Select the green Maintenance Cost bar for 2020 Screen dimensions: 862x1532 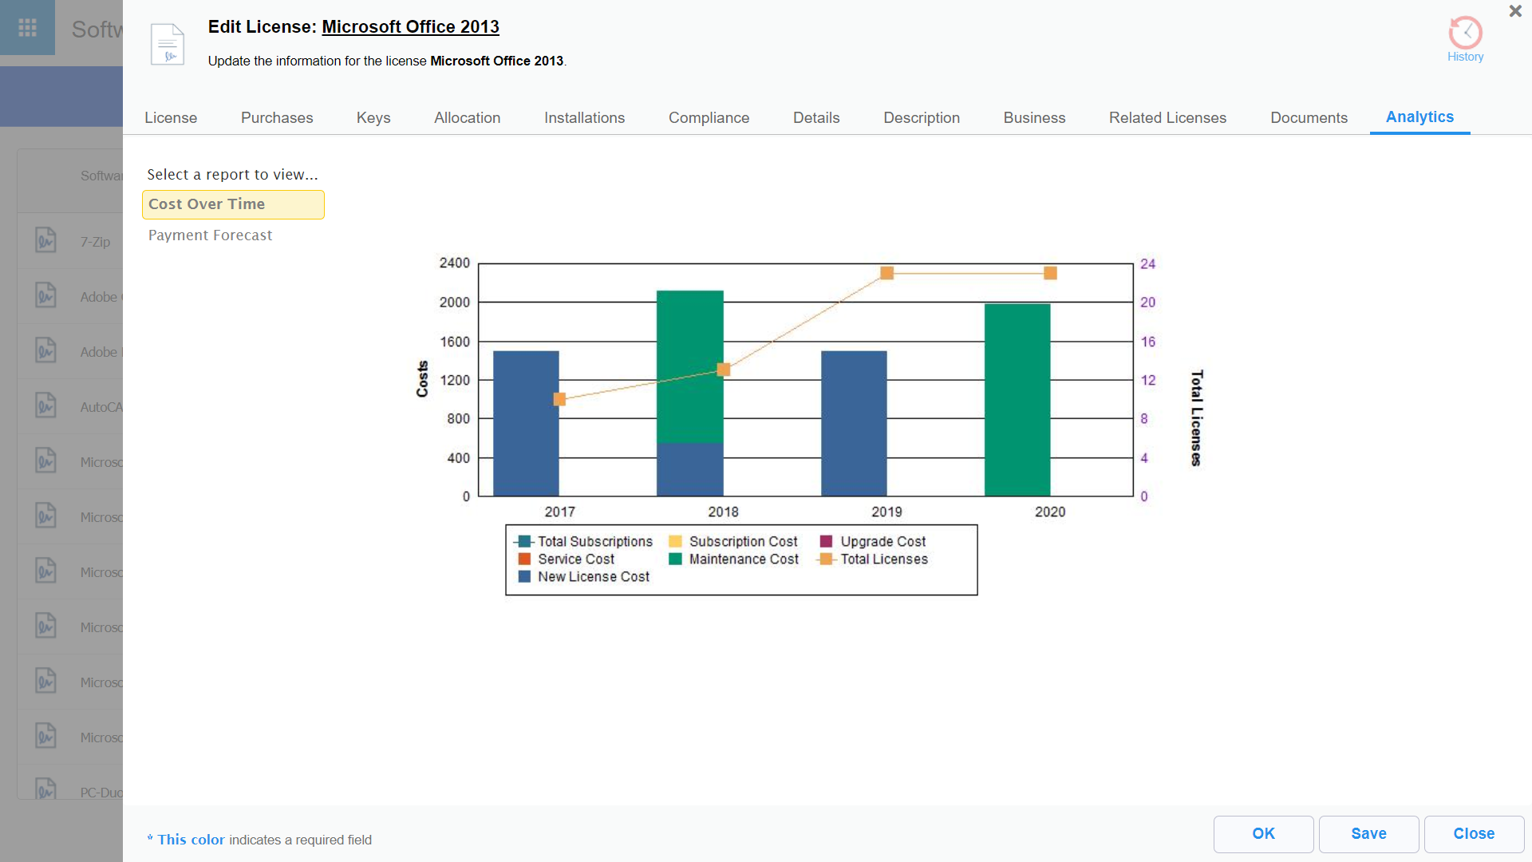[x=1017, y=399]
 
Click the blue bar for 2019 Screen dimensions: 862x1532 [x=854, y=423]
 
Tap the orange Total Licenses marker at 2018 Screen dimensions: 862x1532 [x=724, y=370]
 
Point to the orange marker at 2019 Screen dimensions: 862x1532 [x=886, y=273]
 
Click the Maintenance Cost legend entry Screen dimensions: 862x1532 [x=743, y=560]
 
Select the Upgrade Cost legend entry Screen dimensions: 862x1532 [x=882, y=542]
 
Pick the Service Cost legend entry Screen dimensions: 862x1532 [x=575, y=560]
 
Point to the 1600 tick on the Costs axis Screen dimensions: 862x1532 [x=455, y=342]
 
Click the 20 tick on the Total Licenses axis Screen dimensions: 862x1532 [x=1147, y=302]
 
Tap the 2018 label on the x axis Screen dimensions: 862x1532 [x=723, y=512]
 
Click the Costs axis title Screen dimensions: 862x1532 [x=422, y=379]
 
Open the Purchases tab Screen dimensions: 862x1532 [x=277, y=118]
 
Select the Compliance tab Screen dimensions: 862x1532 [x=709, y=118]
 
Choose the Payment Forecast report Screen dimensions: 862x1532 [x=210, y=235]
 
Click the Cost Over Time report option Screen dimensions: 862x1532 [x=207, y=204]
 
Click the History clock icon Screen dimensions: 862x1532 [x=1465, y=34]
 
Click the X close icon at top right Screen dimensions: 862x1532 [x=1515, y=11]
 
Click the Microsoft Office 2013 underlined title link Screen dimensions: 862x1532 [x=410, y=27]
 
